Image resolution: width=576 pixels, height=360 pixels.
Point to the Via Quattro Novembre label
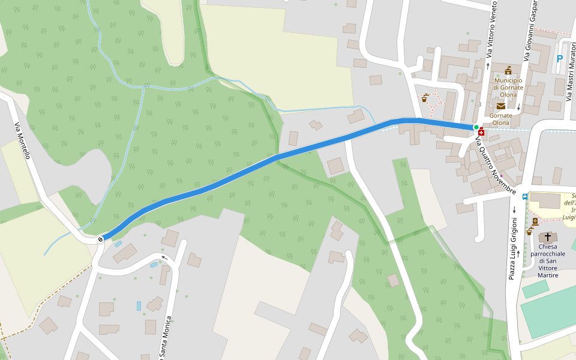(496, 166)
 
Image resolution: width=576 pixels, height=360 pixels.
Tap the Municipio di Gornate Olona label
(508, 88)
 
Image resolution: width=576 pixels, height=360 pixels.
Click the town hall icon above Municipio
(508, 71)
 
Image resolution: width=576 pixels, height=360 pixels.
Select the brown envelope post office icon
(500, 106)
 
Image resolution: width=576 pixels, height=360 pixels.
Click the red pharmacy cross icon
(481, 131)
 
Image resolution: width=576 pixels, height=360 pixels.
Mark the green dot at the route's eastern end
(476, 127)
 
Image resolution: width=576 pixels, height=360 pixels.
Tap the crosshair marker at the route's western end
(100, 239)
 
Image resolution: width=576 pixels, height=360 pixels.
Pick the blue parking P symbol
(560, 59)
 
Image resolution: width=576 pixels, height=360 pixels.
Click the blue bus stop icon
(526, 196)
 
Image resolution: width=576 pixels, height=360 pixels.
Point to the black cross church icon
(547, 237)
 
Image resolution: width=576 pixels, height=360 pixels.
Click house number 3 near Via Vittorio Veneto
(479, 104)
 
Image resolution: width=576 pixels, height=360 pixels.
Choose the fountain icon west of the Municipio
(425, 98)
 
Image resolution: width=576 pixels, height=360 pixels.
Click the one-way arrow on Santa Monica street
(163, 258)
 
